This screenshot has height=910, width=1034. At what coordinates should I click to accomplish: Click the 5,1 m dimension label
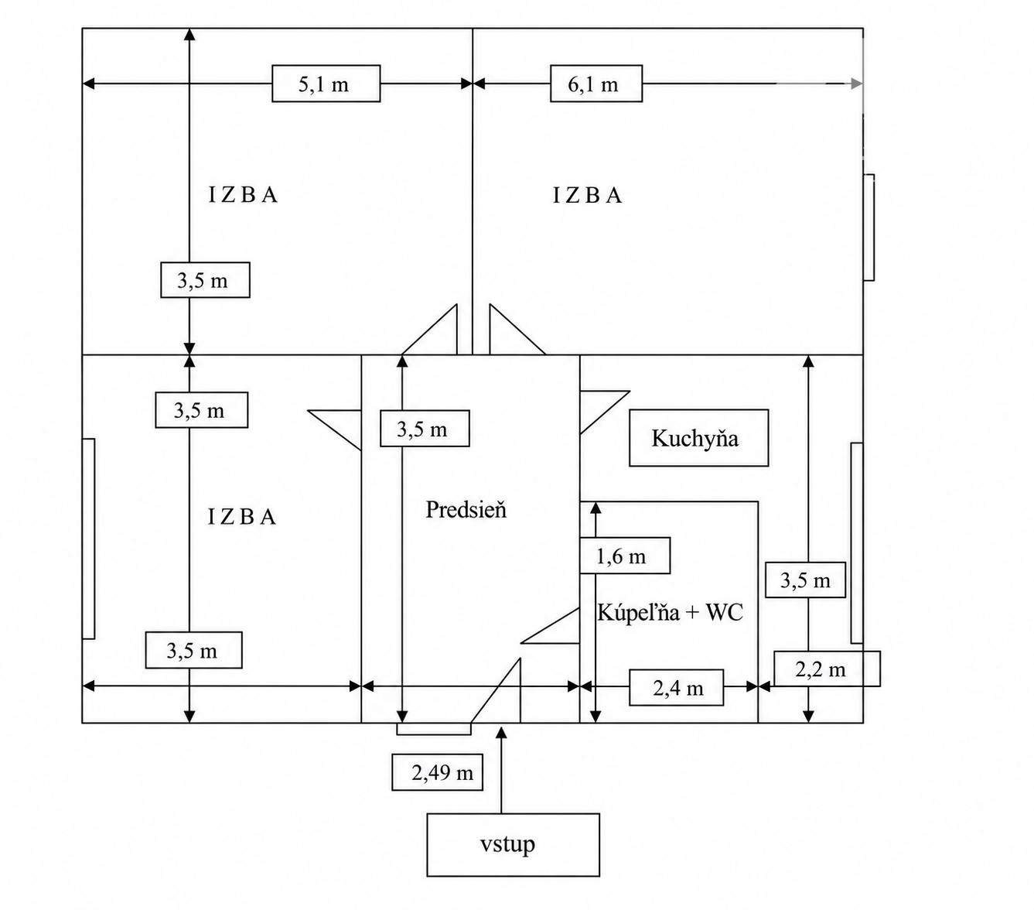point(326,84)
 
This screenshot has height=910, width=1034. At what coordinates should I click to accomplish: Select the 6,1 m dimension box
point(595,84)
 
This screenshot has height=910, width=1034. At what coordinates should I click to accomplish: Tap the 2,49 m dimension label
point(437,772)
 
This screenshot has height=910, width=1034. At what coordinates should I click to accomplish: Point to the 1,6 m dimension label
point(625,555)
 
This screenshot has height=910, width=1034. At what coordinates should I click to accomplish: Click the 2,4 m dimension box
point(676,687)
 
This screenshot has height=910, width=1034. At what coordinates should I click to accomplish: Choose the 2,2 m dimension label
point(827,669)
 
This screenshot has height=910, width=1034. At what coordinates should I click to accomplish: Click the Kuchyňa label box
point(698,438)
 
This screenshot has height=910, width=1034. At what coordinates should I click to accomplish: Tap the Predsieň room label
point(466,510)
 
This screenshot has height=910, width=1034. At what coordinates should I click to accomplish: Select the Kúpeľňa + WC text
point(670,612)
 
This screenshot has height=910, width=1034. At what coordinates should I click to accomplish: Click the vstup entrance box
point(513,845)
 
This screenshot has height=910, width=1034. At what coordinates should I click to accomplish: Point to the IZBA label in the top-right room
point(588,196)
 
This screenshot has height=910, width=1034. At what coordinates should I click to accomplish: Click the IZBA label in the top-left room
point(243,194)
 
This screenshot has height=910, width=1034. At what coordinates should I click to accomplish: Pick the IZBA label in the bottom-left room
point(242,517)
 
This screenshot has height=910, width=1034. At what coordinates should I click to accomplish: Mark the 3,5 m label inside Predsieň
point(425,429)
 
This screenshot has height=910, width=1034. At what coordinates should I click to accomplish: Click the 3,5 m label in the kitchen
point(805,580)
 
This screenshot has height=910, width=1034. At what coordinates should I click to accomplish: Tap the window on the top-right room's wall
point(868,227)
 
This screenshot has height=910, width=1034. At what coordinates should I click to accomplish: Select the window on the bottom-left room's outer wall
point(88,539)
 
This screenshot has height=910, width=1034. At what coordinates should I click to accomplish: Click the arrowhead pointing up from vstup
point(501,732)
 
